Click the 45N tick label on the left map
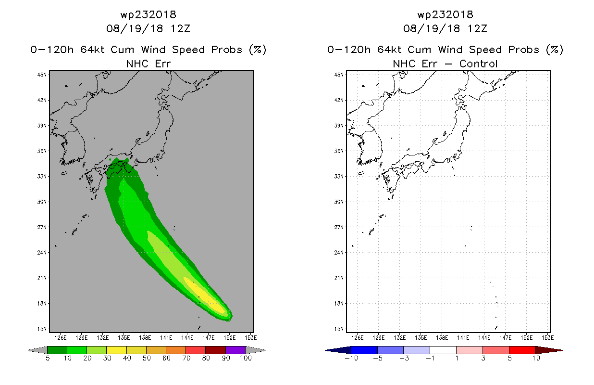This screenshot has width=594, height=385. [42, 75]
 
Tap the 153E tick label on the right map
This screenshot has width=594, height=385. [547, 338]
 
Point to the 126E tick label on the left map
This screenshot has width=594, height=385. [61, 338]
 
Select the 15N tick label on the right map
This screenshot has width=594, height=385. [339, 329]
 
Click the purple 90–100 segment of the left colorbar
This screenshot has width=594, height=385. [235, 350]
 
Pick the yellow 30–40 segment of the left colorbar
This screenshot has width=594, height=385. [117, 350]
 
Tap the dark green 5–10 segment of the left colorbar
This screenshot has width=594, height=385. [57, 350]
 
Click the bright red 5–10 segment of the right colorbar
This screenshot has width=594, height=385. [522, 350]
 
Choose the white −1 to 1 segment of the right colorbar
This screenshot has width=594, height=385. [443, 350]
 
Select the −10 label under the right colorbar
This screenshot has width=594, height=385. [351, 358]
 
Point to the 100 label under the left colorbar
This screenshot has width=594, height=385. [246, 358]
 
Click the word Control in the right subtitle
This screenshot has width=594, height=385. [478, 64]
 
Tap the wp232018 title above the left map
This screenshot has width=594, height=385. [148, 14]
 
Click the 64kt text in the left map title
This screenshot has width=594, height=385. [93, 50]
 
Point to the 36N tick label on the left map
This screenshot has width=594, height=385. [42, 151]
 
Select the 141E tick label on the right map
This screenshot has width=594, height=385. [463, 338]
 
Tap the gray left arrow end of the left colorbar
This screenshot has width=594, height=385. [37, 350]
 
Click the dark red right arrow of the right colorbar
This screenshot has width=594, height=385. [549, 350]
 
